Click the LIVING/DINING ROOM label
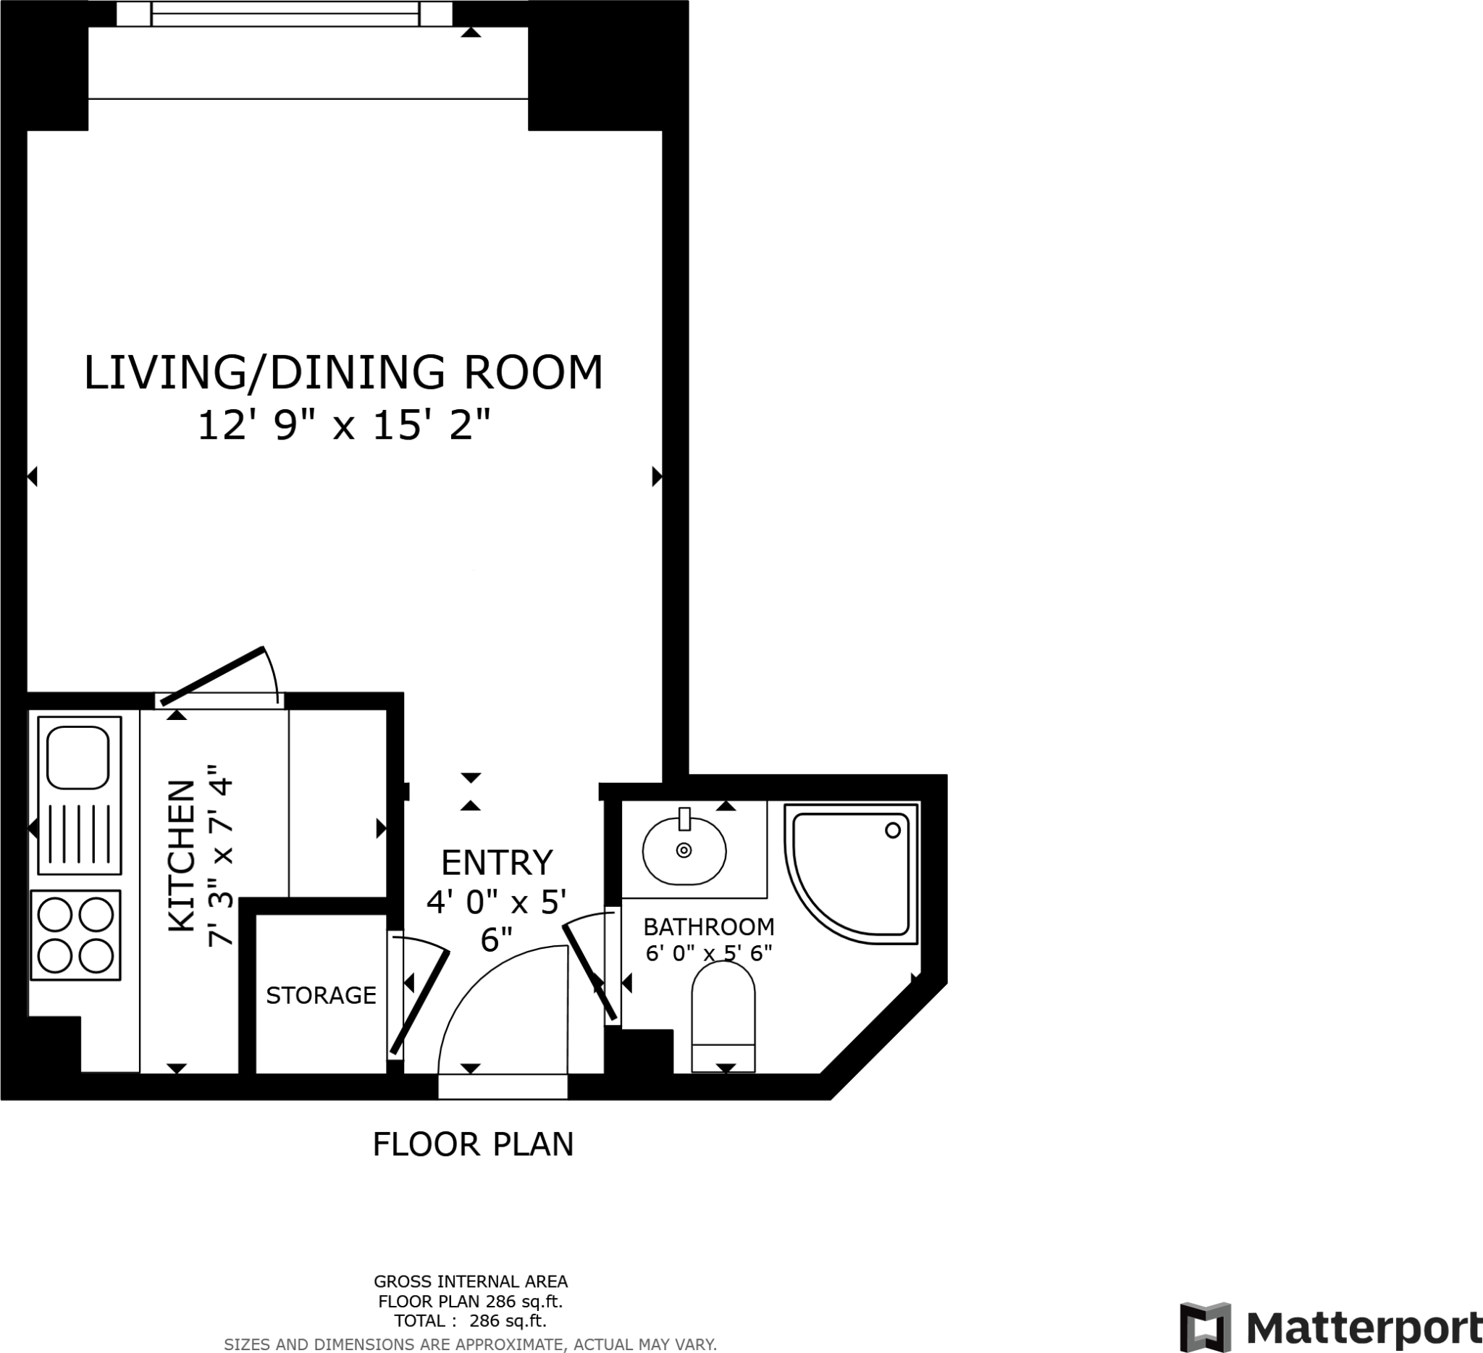pyautogui.click(x=343, y=372)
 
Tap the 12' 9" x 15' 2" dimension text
pyautogui.click(x=343, y=425)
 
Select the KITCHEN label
pyautogui.click(x=182, y=855)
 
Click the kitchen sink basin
pyautogui.click(x=78, y=757)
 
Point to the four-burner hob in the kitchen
pyautogui.click(x=75, y=935)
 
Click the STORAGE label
pyautogui.click(x=321, y=995)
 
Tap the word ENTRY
pyautogui.click(x=497, y=862)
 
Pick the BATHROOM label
pyautogui.click(x=709, y=926)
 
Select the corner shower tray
pyautogui.click(x=851, y=874)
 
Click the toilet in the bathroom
pyautogui.click(x=724, y=1016)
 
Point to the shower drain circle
pyautogui.click(x=893, y=830)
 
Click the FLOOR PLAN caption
pyautogui.click(x=473, y=1144)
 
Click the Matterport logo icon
pyautogui.click(x=1206, y=1326)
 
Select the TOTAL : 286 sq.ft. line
pyautogui.click(x=471, y=1320)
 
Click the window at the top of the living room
pyautogui.click(x=285, y=13)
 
